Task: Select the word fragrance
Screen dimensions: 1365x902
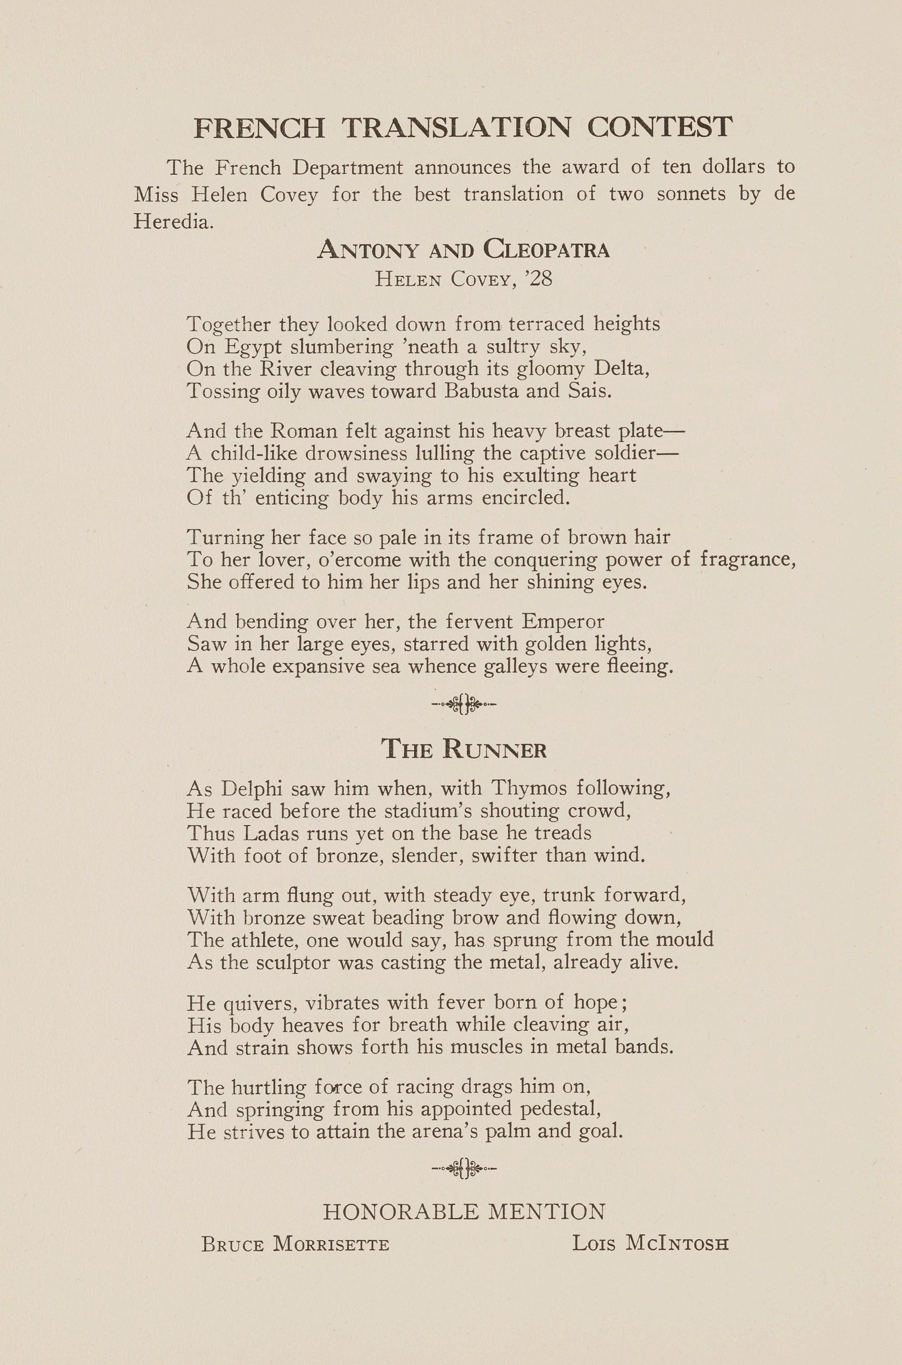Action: [x=748, y=559]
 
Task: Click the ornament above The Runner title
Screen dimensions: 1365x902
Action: [x=464, y=704]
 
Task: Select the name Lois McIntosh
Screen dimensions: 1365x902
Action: [x=650, y=1244]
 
